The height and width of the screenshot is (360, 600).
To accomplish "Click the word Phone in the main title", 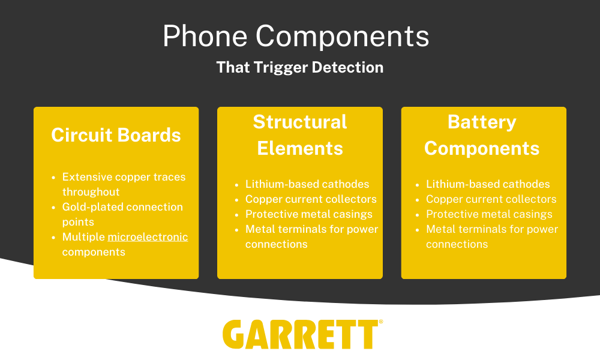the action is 205,36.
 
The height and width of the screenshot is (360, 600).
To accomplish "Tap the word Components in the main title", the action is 342,36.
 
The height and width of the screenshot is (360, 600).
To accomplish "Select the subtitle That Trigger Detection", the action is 299,67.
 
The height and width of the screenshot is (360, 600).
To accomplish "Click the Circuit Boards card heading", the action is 116,135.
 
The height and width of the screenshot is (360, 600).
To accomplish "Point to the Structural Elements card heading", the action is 300,135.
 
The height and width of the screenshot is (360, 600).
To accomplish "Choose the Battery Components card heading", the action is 482,135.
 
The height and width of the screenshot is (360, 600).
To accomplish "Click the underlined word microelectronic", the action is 148,237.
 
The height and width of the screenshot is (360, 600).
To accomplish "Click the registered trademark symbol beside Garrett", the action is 381,322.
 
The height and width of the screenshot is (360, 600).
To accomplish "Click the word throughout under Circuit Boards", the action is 91,191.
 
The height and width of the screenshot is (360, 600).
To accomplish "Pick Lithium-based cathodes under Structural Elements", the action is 307,184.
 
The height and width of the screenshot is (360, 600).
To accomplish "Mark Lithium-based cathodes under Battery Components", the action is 488,184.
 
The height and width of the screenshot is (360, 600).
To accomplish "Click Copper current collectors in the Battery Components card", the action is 491,199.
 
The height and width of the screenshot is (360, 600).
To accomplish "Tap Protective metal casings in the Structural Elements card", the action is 309,214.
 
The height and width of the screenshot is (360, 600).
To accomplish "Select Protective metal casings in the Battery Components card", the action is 490,214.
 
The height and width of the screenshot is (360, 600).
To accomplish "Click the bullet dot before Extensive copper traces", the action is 53,178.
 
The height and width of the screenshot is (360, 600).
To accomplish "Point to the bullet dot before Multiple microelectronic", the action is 53,238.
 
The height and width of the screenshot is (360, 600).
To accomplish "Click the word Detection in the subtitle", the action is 347,67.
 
